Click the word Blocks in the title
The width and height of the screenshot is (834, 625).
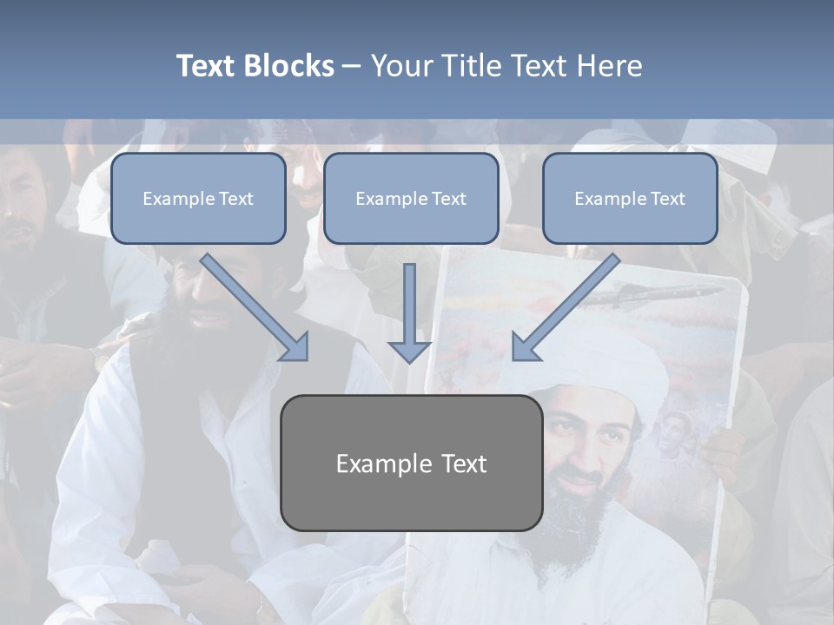291,66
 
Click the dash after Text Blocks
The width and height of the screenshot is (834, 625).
352,67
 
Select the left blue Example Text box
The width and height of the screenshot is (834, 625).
198,198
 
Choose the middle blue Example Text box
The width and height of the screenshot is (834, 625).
411,198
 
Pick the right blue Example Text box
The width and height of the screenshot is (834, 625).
630,198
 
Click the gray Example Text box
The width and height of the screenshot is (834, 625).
411,463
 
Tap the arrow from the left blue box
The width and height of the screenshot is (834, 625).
256,308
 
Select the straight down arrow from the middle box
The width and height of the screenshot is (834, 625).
409,312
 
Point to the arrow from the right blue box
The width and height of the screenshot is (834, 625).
565,308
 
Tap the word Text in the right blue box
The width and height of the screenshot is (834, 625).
667,199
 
